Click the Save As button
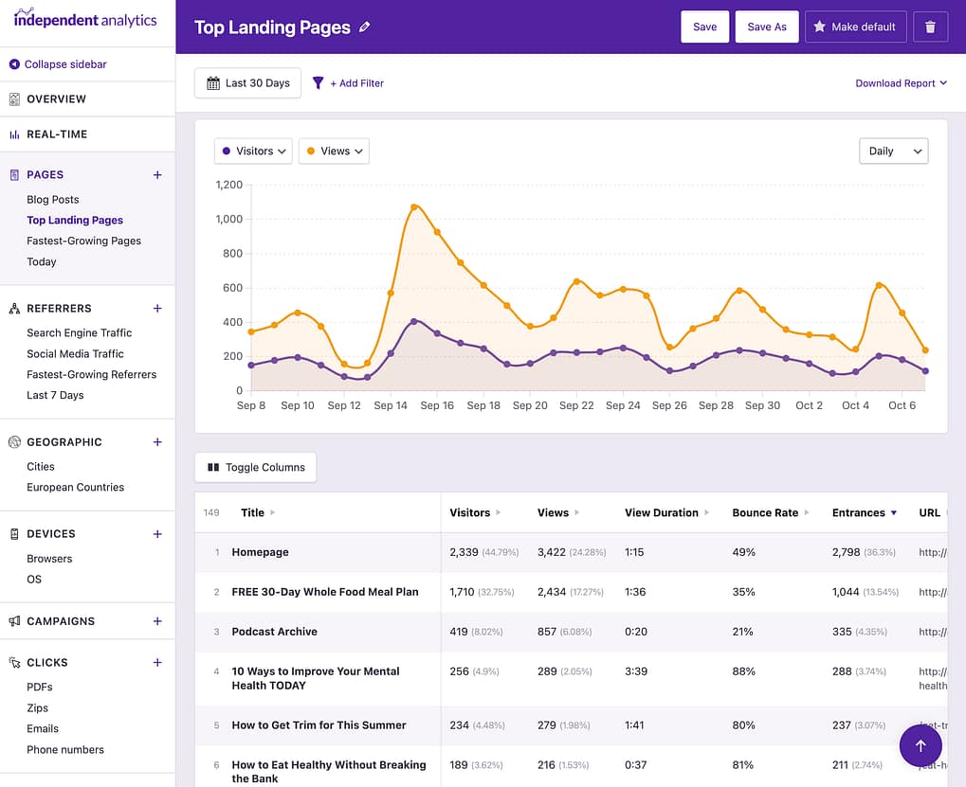click(x=767, y=27)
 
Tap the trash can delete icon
click(x=930, y=27)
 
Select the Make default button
click(x=855, y=27)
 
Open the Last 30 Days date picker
click(x=247, y=83)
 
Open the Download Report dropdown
click(x=901, y=83)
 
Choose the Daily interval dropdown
click(x=893, y=151)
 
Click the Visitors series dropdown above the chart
click(x=253, y=151)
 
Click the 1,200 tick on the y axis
click(x=228, y=185)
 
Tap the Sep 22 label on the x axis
click(x=576, y=405)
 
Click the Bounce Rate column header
click(x=765, y=512)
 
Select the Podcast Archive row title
click(x=274, y=632)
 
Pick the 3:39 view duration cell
click(x=636, y=671)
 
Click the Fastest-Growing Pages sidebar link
click(x=83, y=241)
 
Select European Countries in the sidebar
click(x=75, y=487)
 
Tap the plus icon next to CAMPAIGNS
click(x=157, y=621)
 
